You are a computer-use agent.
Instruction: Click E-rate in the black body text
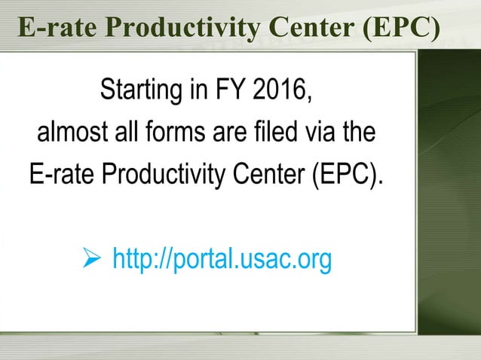tap(62, 176)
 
